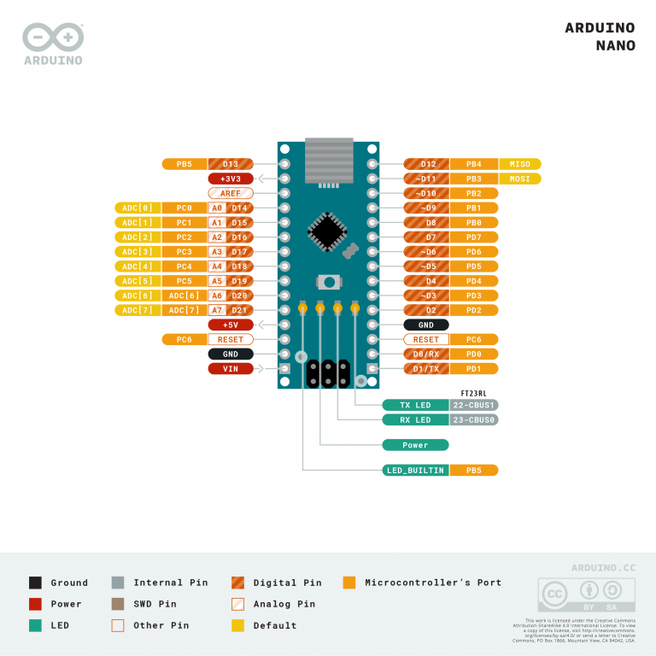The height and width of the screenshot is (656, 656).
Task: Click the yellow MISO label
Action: pos(519,164)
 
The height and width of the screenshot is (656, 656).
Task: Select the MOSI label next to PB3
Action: pos(519,179)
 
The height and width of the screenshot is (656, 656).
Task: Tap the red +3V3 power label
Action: pos(231,179)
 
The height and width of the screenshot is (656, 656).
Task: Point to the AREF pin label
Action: pos(231,193)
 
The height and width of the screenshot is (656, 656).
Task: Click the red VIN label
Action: pos(231,368)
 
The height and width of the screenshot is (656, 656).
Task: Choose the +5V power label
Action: pos(231,325)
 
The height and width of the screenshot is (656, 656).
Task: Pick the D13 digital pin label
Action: pos(231,164)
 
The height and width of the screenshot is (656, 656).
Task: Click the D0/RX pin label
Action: pos(426,354)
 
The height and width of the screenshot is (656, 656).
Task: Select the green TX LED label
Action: pos(416,405)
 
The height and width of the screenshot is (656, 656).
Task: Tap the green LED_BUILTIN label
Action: pos(416,470)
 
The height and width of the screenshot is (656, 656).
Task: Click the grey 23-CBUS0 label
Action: pos(474,419)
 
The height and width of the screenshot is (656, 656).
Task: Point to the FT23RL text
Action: pos(474,393)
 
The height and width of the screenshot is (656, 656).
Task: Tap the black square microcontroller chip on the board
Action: pos(326,230)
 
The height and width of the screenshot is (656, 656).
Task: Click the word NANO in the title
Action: pos(615,46)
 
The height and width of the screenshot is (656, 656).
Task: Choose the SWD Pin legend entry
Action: pos(155,604)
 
